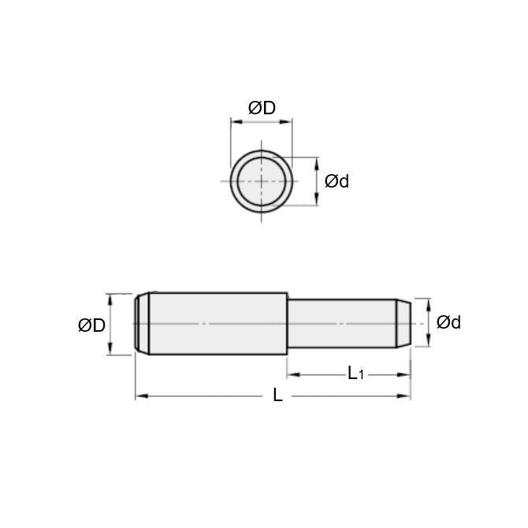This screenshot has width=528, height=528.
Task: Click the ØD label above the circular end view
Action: click(x=262, y=109)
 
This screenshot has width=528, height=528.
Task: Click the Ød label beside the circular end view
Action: click(x=337, y=181)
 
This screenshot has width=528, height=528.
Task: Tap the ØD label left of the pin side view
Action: click(x=91, y=325)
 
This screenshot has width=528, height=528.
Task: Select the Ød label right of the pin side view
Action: click(x=448, y=322)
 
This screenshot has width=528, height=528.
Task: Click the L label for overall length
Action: click(x=277, y=396)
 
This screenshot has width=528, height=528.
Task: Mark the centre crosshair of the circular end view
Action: click(x=262, y=180)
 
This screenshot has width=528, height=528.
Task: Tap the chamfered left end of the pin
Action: click(x=142, y=323)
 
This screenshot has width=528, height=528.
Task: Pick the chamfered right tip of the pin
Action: click(x=402, y=322)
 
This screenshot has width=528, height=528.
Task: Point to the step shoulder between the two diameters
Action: click(x=286, y=323)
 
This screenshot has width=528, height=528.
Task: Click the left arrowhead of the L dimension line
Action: click(x=139, y=396)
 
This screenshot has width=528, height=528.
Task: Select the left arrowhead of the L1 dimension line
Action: click(x=291, y=374)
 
